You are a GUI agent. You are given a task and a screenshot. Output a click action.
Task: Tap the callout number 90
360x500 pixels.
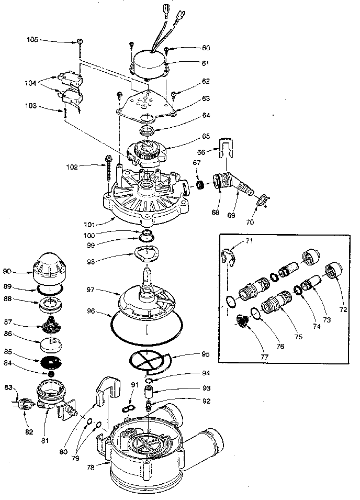coord(22,271)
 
